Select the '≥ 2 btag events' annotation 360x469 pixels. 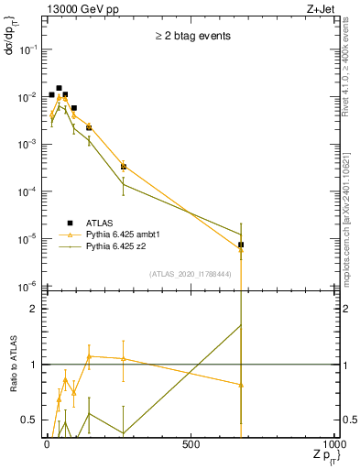point(191,37)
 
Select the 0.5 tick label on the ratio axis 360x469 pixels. point(27,420)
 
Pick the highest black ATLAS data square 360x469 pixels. point(59,88)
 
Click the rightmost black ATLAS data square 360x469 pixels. point(241,245)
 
